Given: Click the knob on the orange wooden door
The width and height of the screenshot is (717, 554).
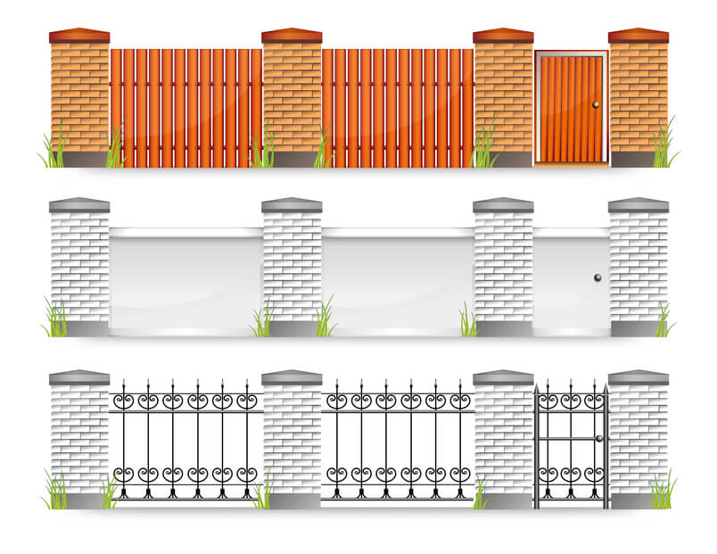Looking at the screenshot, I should (x=596, y=106).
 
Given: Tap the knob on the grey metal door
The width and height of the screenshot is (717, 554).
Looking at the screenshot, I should (x=597, y=278).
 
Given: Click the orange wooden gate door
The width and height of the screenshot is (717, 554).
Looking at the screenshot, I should (x=571, y=107).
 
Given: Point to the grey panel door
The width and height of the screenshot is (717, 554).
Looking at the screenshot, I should (x=571, y=278).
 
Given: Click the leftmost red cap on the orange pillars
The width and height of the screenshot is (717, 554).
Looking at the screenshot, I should (x=79, y=36).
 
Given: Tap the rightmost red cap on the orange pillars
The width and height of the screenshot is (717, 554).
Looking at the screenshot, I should (x=639, y=36).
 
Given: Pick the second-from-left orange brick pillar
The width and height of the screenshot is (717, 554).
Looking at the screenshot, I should (x=292, y=98).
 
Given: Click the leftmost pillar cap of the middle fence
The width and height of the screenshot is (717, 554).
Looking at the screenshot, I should (x=79, y=205).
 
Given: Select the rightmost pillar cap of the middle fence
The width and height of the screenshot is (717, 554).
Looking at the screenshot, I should (x=639, y=205).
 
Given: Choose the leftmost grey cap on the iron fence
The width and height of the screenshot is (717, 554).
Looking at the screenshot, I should (x=79, y=377).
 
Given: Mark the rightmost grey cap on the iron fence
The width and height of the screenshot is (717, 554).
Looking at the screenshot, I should (x=639, y=377).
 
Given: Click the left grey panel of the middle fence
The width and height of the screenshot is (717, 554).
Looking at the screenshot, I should (x=185, y=278).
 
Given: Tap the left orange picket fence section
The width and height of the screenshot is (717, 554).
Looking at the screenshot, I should (x=185, y=107).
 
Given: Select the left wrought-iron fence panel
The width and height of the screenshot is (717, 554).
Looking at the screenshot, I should (x=185, y=442).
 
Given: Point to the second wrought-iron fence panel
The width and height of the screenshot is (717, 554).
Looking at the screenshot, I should (x=398, y=442).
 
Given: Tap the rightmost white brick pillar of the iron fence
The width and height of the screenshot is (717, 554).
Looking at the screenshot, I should (x=639, y=437).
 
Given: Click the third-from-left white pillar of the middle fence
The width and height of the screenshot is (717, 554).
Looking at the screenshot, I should (x=503, y=268).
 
